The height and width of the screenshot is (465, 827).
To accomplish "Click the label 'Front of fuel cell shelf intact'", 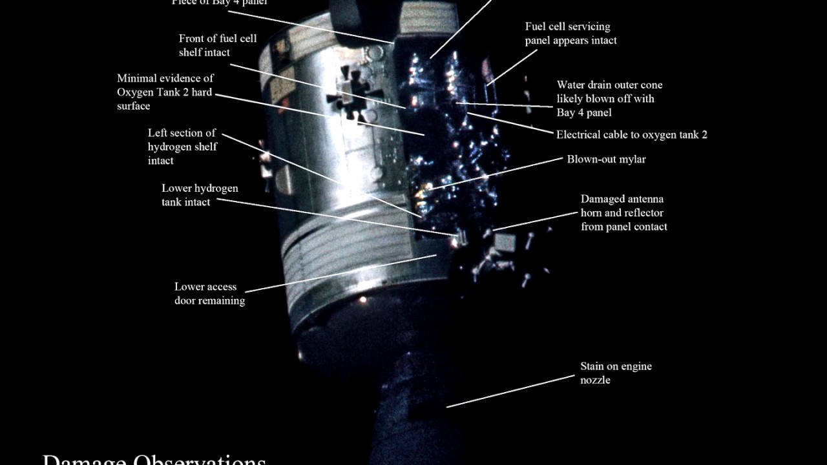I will [218, 45].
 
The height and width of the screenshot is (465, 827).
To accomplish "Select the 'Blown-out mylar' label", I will [606, 159].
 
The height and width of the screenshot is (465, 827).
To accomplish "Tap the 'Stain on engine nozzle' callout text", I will [616, 373].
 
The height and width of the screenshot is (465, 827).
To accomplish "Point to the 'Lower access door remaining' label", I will [209, 294].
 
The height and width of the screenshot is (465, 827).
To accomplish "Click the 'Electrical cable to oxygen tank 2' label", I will [631, 135].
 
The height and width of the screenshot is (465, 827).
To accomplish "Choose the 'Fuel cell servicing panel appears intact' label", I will [571, 34].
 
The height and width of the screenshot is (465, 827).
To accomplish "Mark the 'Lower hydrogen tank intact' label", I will [200, 195].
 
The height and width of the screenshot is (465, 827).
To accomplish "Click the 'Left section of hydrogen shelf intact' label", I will [182, 147].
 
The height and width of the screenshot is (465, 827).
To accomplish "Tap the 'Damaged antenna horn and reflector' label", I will [623, 213].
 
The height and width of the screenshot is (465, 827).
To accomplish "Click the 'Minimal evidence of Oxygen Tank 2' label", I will [165, 92].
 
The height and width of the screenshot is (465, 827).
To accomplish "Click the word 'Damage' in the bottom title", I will [85, 460].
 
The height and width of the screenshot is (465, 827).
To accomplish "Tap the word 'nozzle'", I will [595, 380].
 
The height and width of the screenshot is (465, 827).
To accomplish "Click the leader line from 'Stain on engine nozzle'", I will [510, 391].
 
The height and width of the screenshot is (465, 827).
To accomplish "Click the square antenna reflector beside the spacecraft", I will [505, 242].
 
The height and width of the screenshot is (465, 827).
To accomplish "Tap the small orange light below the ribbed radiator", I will [362, 300].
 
